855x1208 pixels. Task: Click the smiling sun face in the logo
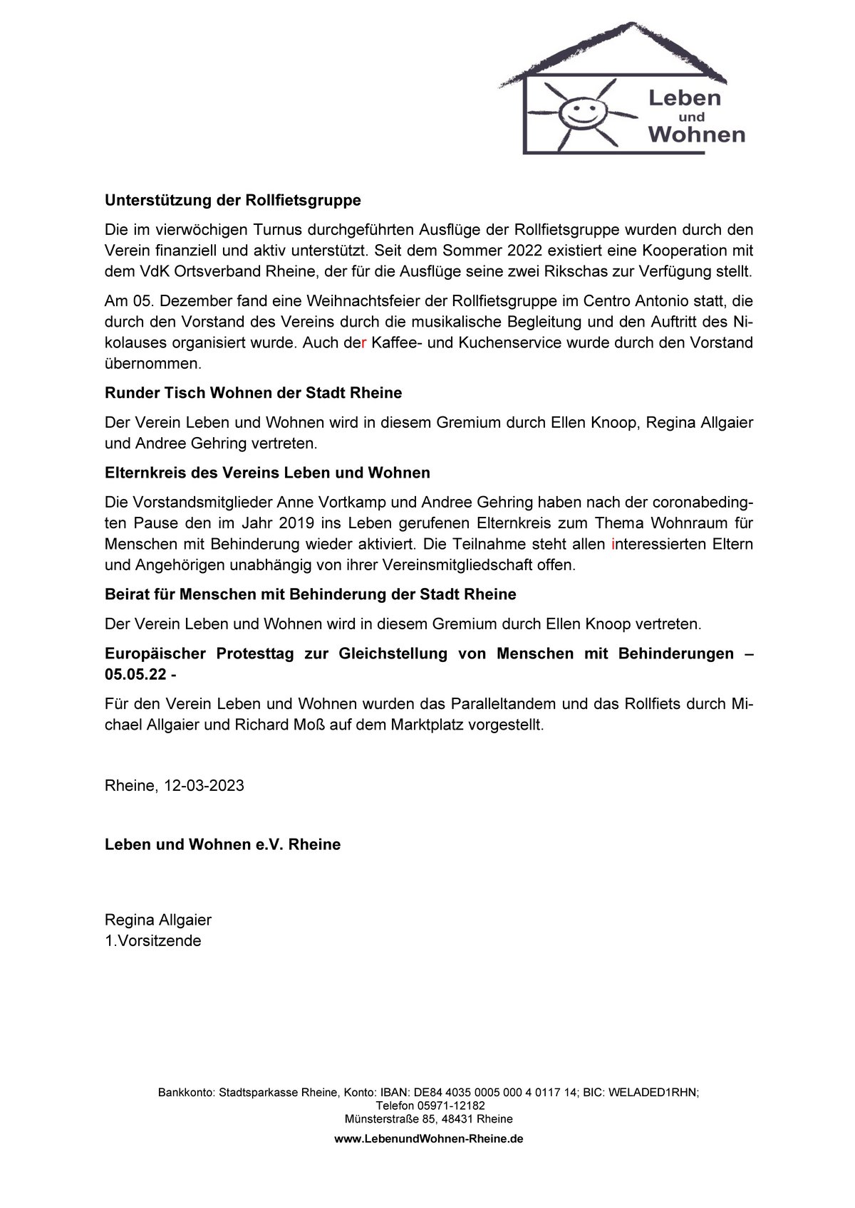coord(578,109)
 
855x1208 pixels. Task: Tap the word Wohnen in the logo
coord(697,134)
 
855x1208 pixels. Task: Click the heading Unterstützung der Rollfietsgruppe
coord(233,201)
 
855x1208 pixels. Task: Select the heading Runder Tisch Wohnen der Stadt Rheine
coord(253,393)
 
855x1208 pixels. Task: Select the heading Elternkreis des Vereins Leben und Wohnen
coord(267,473)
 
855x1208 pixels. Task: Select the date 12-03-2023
coord(204,786)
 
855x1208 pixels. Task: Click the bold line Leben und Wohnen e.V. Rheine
coord(222,845)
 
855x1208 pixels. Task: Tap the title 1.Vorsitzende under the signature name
coord(153,941)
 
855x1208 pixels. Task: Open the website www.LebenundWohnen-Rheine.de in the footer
coord(429,1139)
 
